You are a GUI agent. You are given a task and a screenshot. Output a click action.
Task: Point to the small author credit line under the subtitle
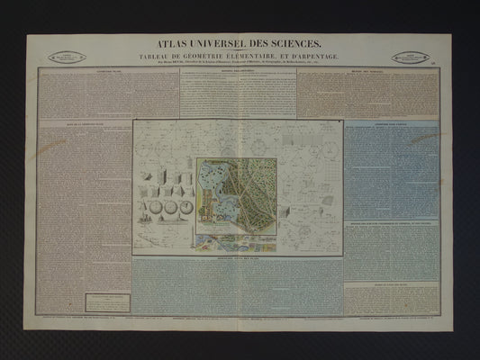coord(240,63)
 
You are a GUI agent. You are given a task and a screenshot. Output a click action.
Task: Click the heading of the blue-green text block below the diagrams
coord(238,258)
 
